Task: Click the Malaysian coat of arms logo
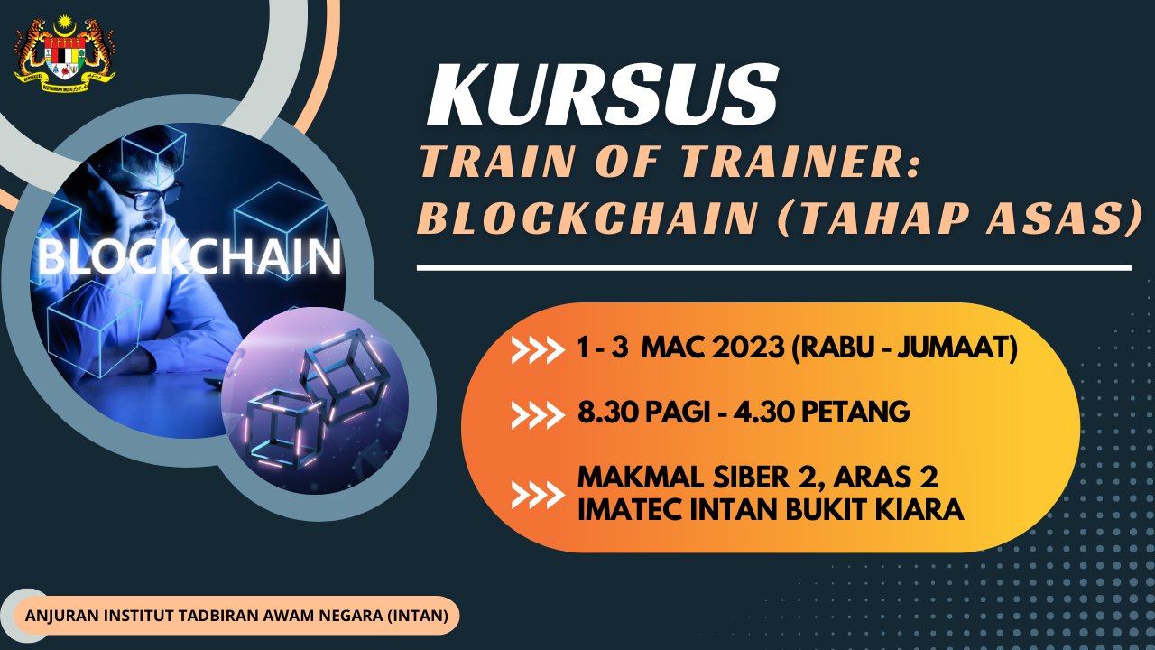click(65, 53)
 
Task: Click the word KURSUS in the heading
click(602, 96)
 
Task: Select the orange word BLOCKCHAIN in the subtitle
click(587, 218)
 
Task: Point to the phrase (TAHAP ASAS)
click(959, 218)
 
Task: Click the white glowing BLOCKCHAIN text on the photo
click(189, 257)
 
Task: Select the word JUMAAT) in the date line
click(957, 348)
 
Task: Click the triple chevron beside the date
click(538, 349)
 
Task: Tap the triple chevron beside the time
click(538, 414)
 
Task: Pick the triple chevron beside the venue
click(538, 494)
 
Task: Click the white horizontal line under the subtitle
click(774, 268)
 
